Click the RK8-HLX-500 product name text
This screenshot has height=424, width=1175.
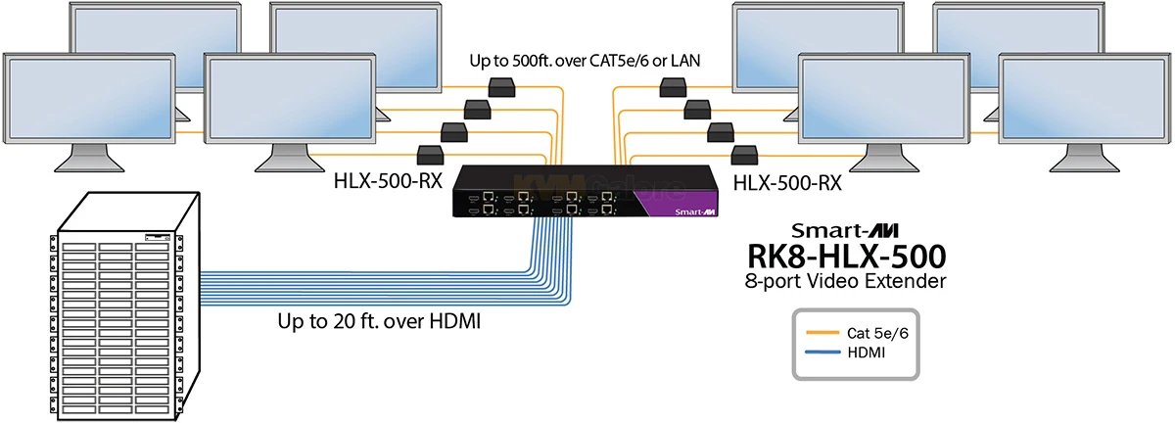pos(848,258)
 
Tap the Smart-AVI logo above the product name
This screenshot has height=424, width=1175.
pos(847,231)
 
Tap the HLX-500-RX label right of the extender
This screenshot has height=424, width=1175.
pos(786,181)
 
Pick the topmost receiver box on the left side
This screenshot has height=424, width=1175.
pos(504,86)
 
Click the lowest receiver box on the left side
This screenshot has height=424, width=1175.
pos(432,153)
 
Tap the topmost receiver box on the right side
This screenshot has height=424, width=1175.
pos(673,86)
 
